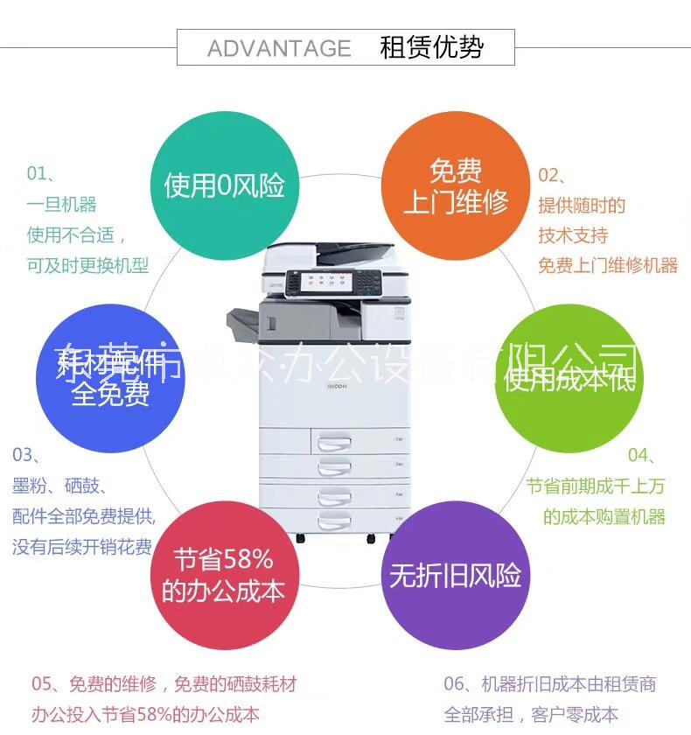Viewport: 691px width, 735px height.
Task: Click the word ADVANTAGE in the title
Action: (278, 48)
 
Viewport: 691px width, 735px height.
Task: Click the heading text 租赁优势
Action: (431, 46)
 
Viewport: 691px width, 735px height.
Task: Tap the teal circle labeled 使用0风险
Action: (225, 185)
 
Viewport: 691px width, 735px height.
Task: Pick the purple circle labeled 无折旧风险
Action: (456, 575)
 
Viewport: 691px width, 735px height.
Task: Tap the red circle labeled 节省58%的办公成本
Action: (224, 575)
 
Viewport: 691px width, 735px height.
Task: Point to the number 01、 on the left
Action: (42, 174)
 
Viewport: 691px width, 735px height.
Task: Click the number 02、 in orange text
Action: (554, 174)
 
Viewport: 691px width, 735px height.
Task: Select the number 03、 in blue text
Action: (28, 454)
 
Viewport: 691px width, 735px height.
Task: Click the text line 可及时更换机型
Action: (87, 265)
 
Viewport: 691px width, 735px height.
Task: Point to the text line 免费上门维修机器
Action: (607, 265)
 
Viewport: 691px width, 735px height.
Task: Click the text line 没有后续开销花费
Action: (82, 547)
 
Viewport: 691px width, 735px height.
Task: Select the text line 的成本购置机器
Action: (604, 516)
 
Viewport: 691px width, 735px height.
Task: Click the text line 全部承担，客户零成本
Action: (531, 714)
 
